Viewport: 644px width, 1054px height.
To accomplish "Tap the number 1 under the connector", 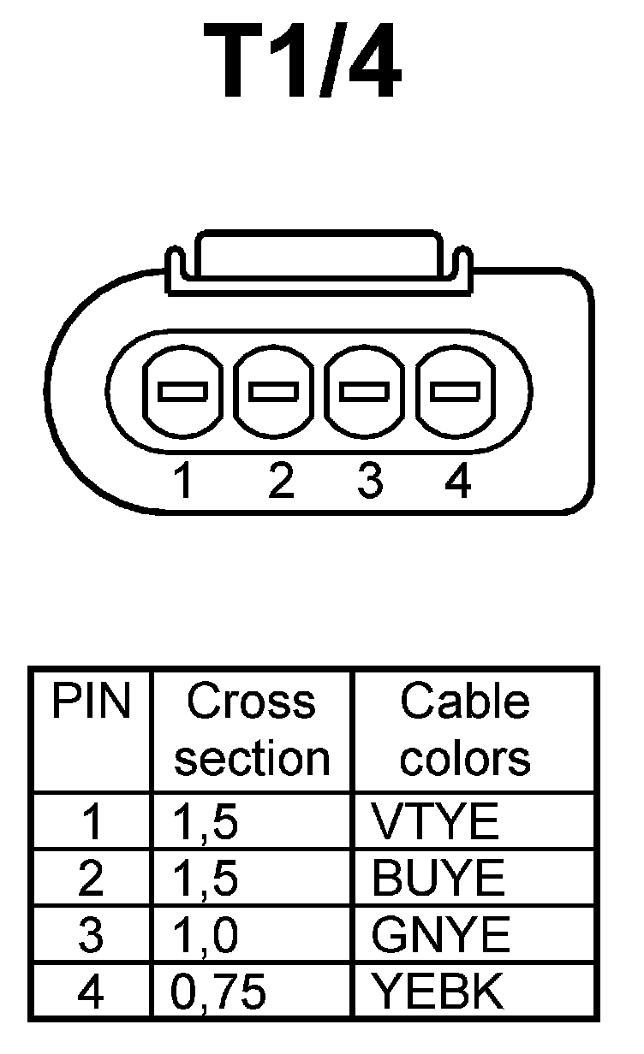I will click(x=182, y=483).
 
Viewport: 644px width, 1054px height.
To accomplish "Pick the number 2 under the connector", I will click(x=280, y=483).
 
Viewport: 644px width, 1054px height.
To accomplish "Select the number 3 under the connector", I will click(x=369, y=483).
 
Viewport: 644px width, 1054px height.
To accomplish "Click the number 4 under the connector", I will click(x=458, y=483).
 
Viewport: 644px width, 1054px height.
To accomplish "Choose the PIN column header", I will click(x=92, y=703).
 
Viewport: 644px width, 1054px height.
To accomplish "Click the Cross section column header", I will click(x=252, y=730).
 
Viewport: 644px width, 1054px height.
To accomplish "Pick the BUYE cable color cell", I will click(x=438, y=879).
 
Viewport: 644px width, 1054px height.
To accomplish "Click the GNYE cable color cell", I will click(x=440, y=935).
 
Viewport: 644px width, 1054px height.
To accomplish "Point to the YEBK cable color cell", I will click(x=438, y=992).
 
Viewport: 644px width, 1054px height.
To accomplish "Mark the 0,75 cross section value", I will click(x=218, y=992).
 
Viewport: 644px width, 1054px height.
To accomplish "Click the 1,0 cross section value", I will click(x=205, y=935).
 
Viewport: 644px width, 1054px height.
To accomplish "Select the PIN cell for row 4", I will click(x=91, y=992).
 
